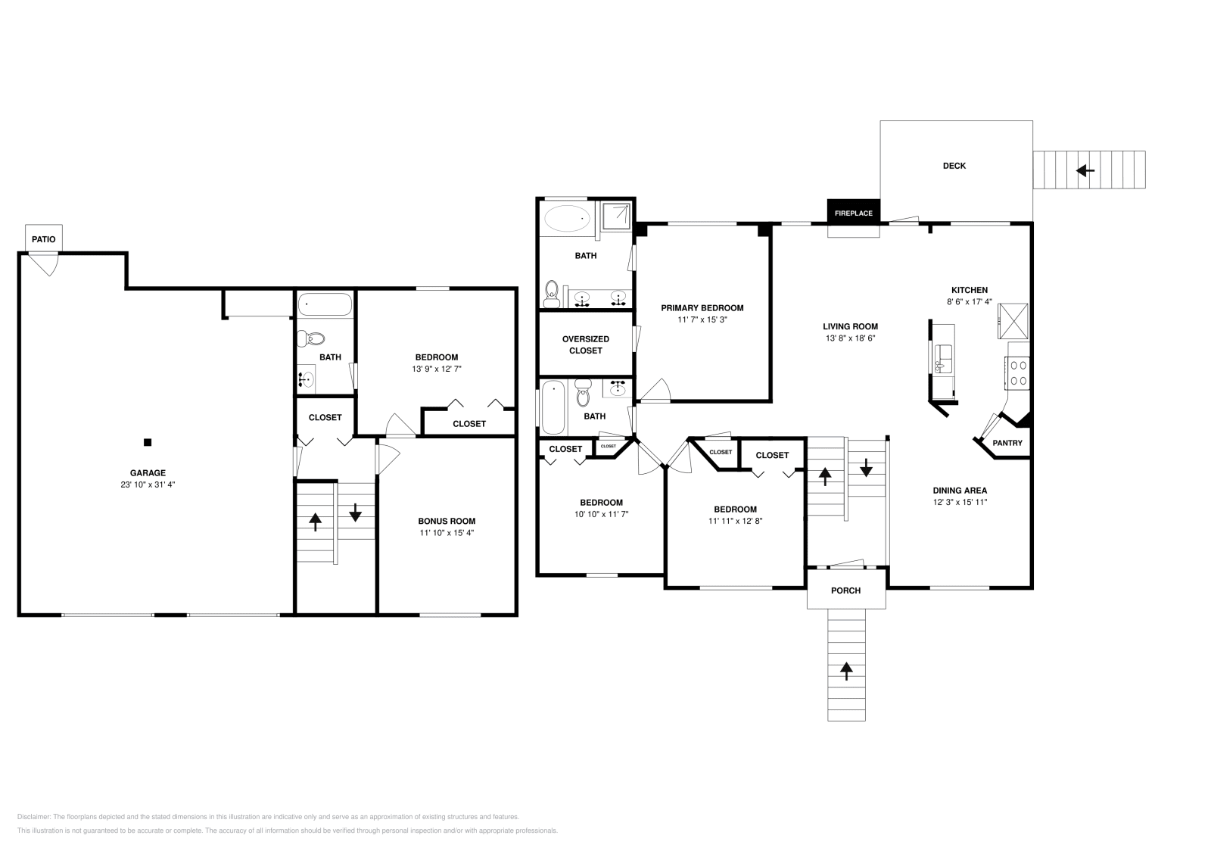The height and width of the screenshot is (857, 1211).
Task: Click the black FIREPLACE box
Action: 853,213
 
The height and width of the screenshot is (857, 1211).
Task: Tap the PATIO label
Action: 44,239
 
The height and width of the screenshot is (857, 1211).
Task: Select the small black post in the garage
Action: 148,442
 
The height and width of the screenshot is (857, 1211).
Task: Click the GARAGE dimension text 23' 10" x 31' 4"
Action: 148,485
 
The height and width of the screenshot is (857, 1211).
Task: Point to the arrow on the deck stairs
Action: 1085,170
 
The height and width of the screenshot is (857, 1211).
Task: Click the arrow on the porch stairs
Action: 846,669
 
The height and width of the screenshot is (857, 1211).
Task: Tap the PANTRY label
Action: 1007,443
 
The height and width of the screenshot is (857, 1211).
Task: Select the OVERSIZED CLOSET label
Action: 586,344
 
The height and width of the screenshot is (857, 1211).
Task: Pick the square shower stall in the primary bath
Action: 615,217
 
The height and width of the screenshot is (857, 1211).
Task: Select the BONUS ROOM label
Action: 447,521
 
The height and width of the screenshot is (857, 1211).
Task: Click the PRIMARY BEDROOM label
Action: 702,308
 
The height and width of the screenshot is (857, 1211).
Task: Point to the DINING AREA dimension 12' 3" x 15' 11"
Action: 960,502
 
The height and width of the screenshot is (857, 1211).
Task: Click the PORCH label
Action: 845,591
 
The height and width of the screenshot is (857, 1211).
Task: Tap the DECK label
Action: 954,166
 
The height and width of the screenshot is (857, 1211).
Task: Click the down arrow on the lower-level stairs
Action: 355,513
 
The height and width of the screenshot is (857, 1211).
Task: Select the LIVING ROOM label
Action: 850,326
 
